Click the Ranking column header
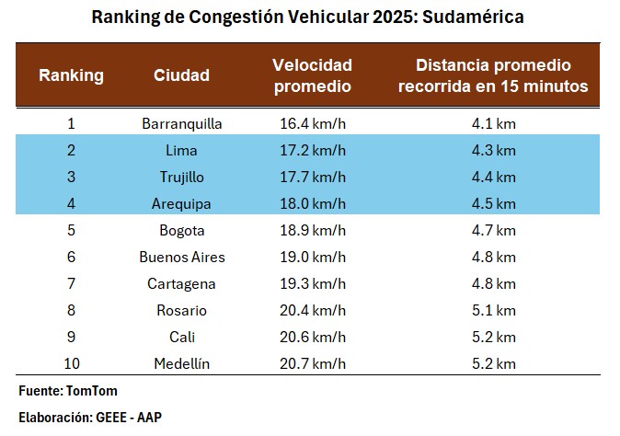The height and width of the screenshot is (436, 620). pos(71,75)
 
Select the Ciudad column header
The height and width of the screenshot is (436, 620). pos(181,75)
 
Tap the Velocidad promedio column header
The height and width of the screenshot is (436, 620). pos(312,75)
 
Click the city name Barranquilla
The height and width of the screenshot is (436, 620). pos(182,122)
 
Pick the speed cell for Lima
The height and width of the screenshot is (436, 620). pos(312,149)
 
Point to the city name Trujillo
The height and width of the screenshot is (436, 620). pos(181,176)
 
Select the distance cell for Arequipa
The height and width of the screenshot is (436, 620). pos(493,203)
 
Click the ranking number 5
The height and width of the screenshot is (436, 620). pos(71,230)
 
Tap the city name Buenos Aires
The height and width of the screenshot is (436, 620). pos(182,257)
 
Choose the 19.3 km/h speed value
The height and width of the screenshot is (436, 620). pos(312,283)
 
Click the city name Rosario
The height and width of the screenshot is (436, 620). pos(181,310)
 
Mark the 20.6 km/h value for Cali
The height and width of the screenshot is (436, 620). pos(312,337)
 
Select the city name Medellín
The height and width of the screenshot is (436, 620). pos(182,363)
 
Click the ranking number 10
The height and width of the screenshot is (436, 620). pos(71,363)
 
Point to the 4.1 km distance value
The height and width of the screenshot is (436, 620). pos(493,122)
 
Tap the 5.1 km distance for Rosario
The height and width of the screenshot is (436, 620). pos(493,310)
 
